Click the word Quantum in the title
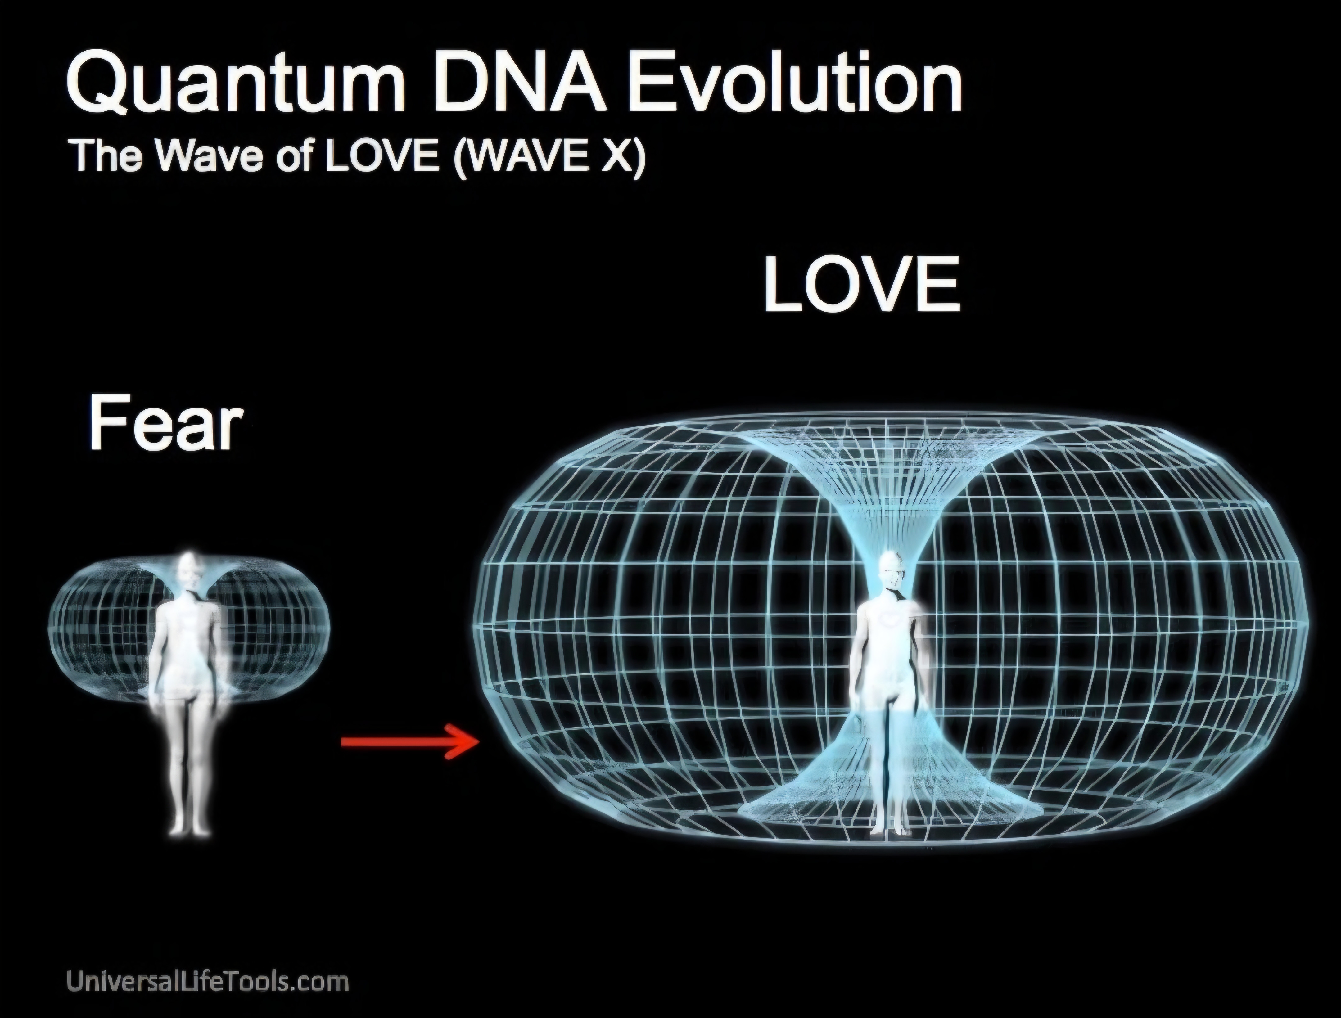point(229,84)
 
